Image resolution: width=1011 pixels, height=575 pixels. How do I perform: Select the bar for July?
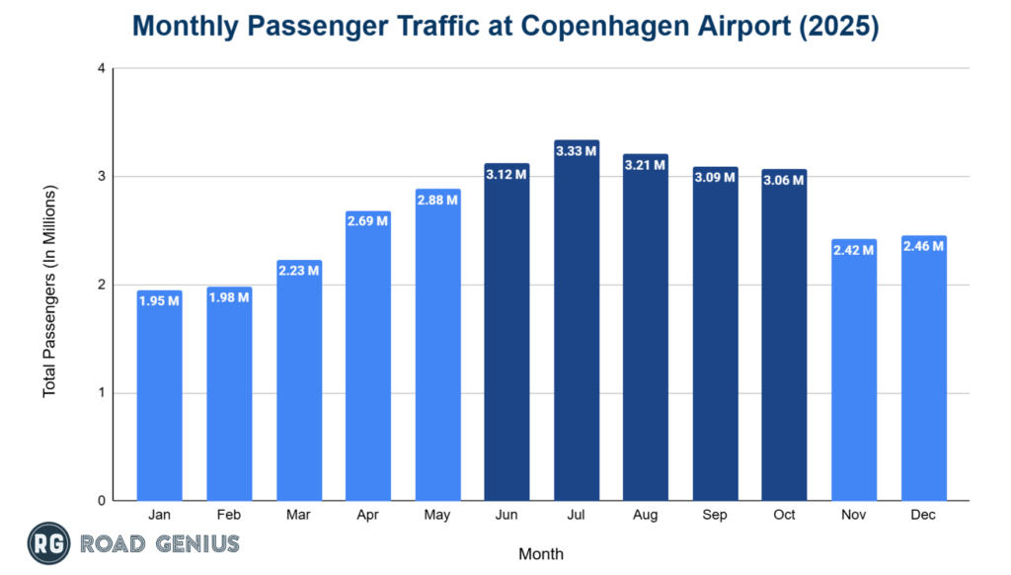tap(576, 326)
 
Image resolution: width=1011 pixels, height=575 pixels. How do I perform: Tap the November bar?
tap(853, 375)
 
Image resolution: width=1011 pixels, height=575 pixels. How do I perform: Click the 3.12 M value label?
tap(506, 175)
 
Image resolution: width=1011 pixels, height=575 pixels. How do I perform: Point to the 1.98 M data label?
tap(229, 298)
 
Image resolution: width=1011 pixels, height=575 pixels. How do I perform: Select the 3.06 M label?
tap(784, 181)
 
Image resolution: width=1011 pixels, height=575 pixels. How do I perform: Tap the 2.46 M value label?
tap(923, 247)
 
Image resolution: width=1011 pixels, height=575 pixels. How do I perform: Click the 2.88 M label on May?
tap(437, 201)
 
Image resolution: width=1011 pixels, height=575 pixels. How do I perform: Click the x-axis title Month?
tap(541, 553)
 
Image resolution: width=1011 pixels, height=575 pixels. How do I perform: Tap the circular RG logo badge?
tap(49, 543)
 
